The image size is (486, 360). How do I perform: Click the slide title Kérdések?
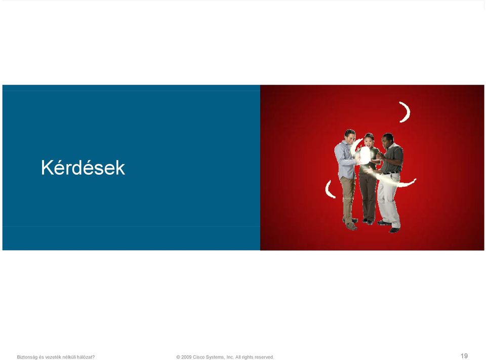click(83, 168)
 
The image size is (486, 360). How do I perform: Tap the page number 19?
click(464, 356)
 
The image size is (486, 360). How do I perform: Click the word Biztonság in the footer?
click(27, 357)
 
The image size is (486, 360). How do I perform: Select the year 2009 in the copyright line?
click(186, 357)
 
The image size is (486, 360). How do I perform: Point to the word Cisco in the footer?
click(198, 357)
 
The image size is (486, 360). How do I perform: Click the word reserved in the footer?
click(264, 357)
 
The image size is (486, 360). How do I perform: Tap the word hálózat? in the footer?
click(86, 357)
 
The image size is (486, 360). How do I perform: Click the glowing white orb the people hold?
click(364, 155)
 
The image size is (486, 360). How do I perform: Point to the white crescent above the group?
click(406, 112)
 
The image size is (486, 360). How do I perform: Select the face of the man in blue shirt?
click(350, 137)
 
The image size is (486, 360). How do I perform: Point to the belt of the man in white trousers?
click(390, 173)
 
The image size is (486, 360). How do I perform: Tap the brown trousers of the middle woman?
click(368, 197)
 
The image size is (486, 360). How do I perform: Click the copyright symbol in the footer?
click(178, 357)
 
